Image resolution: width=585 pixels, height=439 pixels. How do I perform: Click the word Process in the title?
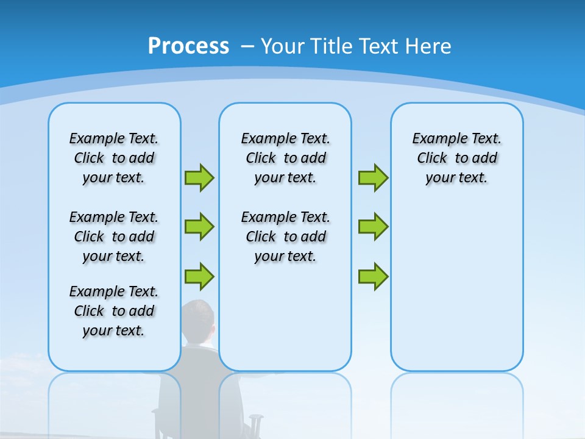(x=188, y=46)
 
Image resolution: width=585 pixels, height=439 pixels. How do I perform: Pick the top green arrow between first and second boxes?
(x=199, y=177)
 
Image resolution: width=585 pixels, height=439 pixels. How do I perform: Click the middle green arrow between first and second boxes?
(x=199, y=227)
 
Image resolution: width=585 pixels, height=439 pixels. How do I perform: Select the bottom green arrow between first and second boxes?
(x=199, y=276)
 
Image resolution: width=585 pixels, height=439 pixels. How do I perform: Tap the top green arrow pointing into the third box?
(x=373, y=177)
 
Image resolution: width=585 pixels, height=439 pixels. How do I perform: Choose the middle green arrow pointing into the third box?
(x=373, y=227)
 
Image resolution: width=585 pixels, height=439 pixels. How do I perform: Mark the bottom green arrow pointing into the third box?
(x=373, y=276)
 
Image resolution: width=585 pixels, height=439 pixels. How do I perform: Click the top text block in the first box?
(x=114, y=158)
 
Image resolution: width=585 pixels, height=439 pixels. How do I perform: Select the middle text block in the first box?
(x=114, y=237)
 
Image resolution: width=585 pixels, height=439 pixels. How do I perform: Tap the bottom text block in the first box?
(x=114, y=311)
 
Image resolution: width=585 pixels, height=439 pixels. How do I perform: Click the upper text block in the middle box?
(x=285, y=158)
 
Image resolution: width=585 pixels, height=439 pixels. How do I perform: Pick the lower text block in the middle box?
(x=285, y=237)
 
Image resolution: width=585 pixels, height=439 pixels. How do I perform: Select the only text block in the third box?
(x=456, y=158)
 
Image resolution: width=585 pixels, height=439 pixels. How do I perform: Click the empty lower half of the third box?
(x=456, y=293)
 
